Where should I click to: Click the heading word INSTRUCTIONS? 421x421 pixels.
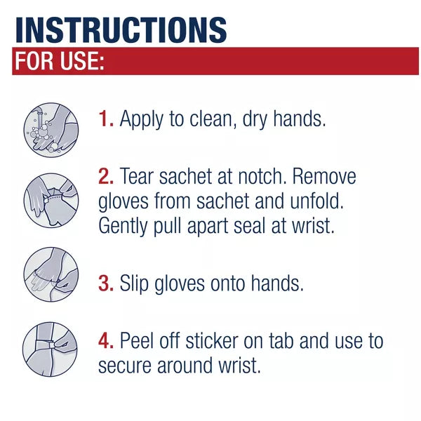(x=121, y=29)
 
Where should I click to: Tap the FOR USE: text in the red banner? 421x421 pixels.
(x=60, y=62)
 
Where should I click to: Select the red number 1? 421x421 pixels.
(x=105, y=119)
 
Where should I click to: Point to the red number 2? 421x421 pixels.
(x=105, y=176)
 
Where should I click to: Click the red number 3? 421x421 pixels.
(x=106, y=283)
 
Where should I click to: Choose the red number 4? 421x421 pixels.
(x=106, y=341)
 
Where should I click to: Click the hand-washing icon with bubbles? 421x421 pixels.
(x=51, y=129)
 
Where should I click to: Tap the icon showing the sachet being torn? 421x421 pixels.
(x=51, y=199)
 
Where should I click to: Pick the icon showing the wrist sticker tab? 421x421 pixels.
(x=51, y=349)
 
